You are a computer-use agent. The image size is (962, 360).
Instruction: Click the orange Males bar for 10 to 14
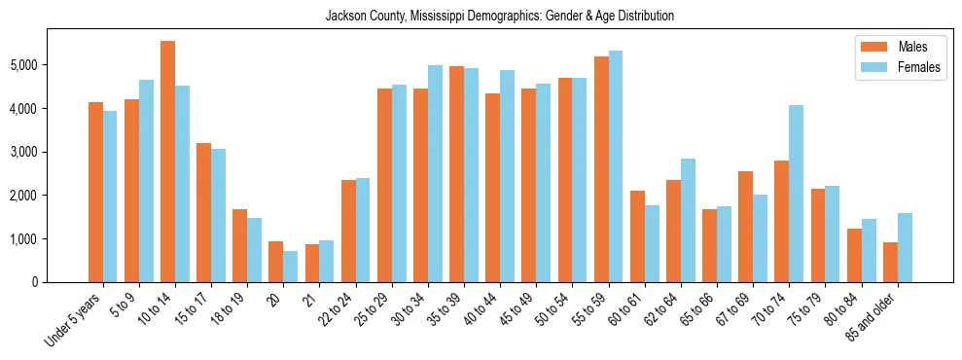[167, 162]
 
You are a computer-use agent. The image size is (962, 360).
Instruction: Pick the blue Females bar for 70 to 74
[796, 194]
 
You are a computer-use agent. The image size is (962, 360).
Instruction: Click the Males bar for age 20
[275, 262]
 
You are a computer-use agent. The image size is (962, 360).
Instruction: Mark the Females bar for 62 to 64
[688, 220]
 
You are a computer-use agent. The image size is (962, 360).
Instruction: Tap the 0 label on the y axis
[36, 282]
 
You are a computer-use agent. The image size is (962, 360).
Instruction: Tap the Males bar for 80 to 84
[853, 255]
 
